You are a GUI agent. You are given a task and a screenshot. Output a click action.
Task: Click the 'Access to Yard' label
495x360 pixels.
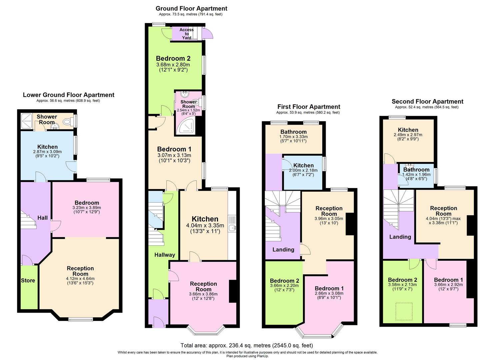tap(186, 34)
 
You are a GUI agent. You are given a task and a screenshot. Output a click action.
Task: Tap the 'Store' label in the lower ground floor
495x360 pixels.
tap(28, 280)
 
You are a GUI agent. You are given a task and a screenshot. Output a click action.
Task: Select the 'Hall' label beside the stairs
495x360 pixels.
tap(42, 218)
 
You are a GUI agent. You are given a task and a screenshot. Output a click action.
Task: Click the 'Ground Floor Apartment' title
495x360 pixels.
tap(191, 8)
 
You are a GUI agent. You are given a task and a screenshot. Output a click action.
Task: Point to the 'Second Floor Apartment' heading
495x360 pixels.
tap(427, 101)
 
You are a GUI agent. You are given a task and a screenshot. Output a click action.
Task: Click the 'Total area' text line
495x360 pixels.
tap(247, 345)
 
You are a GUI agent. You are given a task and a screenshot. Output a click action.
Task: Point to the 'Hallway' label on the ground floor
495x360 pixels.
tap(165, 255)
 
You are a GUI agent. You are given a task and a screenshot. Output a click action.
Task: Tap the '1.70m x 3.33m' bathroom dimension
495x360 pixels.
tap(293, 137)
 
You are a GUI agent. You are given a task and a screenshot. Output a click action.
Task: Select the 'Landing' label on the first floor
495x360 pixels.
tap(283, 249)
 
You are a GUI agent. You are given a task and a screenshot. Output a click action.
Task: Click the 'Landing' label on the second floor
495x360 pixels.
tap(400, 237)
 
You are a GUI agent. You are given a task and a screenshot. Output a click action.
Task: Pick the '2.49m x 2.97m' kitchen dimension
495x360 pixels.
tap(408, 135)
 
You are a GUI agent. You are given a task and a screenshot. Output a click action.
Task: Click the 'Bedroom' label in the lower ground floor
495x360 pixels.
tap(87, 203)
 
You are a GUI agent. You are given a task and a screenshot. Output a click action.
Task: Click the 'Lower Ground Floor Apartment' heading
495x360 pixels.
tap(68, 95)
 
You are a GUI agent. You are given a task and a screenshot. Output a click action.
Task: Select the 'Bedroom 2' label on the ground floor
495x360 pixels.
tap(173, 59)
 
